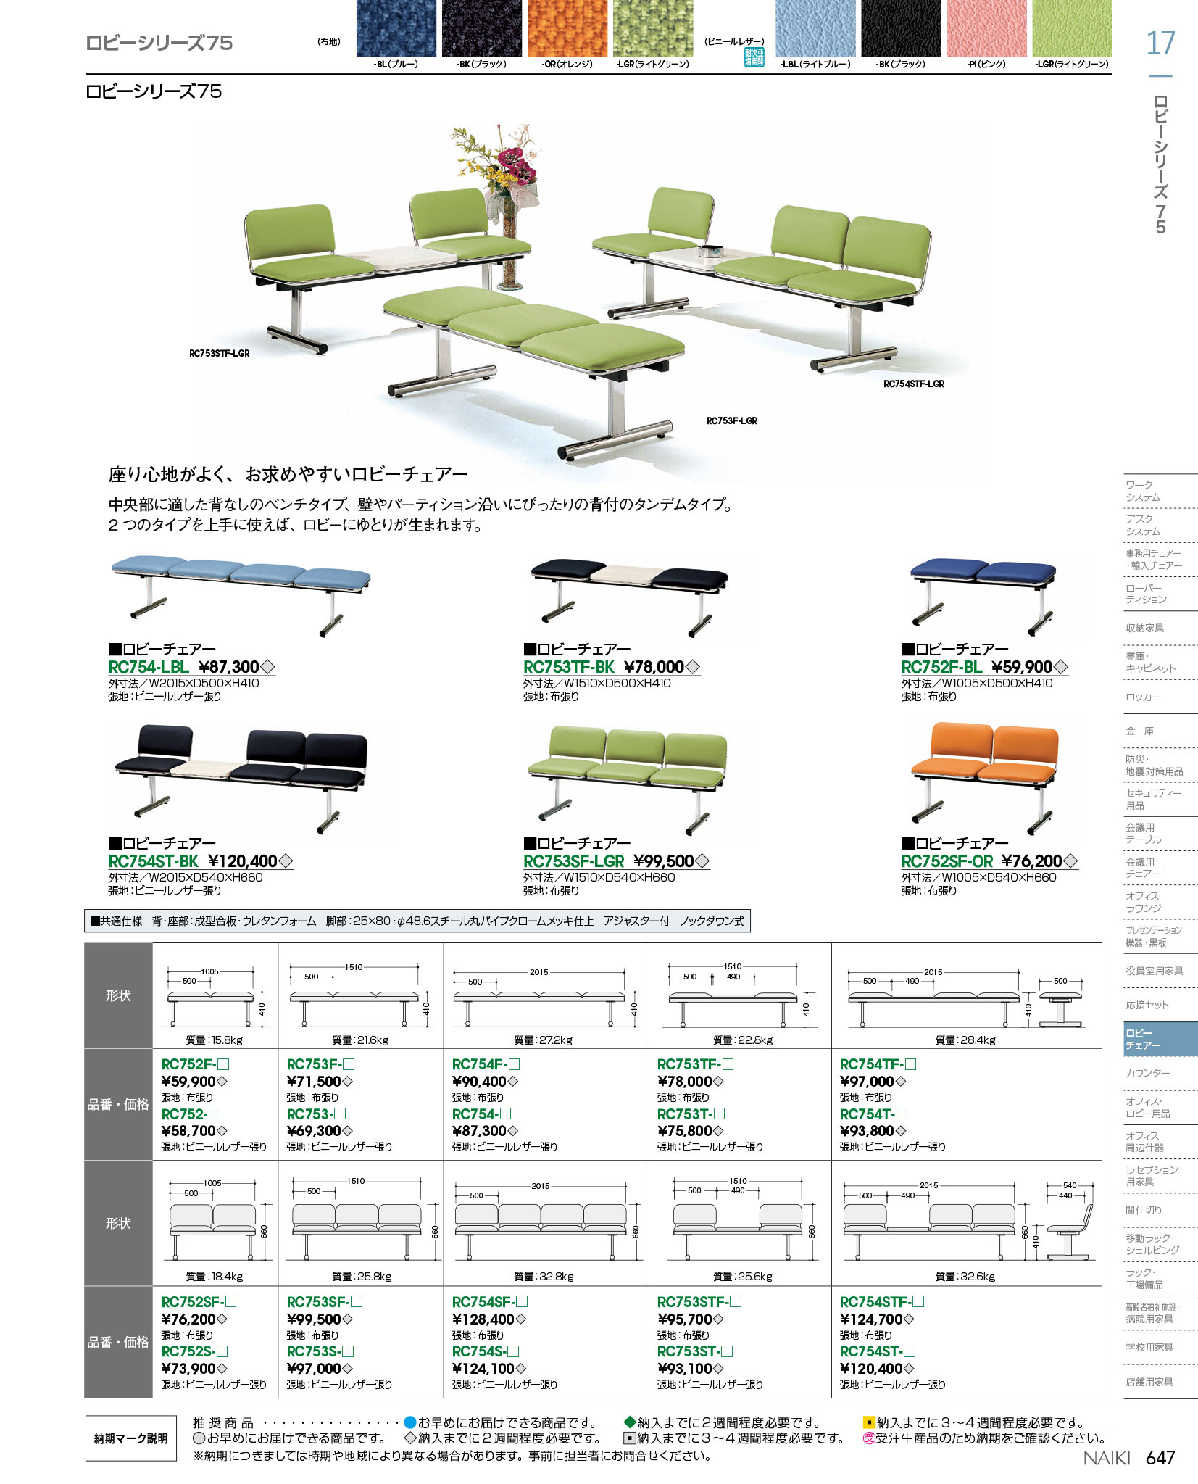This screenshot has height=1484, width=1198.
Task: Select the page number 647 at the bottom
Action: [1160, 1457]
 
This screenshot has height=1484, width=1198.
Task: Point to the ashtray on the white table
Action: [709, 252]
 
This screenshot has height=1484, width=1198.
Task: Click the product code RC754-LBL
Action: [149, 667]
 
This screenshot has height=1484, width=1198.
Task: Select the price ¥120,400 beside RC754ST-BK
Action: [243, 861]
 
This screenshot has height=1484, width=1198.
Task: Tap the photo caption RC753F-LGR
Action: [732, 420]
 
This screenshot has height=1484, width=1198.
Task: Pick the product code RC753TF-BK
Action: [569, 667]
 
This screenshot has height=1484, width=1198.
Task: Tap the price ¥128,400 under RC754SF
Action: [483, 1319]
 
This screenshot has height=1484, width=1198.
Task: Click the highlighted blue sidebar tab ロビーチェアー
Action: [1160, 1039]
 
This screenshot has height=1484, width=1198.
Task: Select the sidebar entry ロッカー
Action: [1143, 697]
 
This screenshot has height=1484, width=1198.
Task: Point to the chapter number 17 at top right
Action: [1160, 43]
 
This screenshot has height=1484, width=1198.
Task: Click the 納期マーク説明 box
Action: [131, 1438]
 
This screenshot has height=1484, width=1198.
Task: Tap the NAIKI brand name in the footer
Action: [1107, 1458]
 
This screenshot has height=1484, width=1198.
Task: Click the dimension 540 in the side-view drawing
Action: [1070, 1185]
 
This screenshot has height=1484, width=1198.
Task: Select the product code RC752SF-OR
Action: [947, 861]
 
